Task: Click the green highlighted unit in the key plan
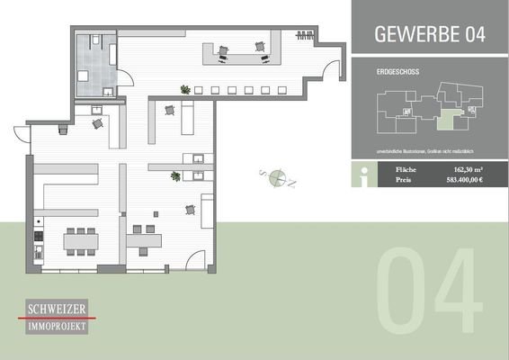point(447,119)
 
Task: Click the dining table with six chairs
point(80,240)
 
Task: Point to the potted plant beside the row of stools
point(185,89)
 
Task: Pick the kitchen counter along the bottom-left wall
point(38,238)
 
